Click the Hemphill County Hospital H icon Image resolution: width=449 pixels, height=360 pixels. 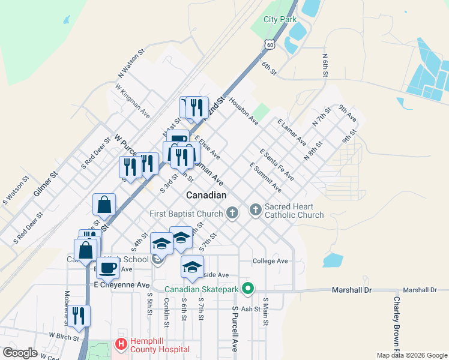pos(120,345)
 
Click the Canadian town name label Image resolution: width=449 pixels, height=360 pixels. pos(206,196)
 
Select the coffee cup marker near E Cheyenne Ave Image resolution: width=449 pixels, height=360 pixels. pos(108,268)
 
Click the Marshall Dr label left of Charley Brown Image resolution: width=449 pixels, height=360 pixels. pos(352,290)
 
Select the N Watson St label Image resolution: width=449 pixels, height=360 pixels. pos(131,64)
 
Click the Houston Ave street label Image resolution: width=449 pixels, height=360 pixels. pos(243,112)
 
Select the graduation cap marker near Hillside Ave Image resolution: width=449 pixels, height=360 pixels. pos(192,266)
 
